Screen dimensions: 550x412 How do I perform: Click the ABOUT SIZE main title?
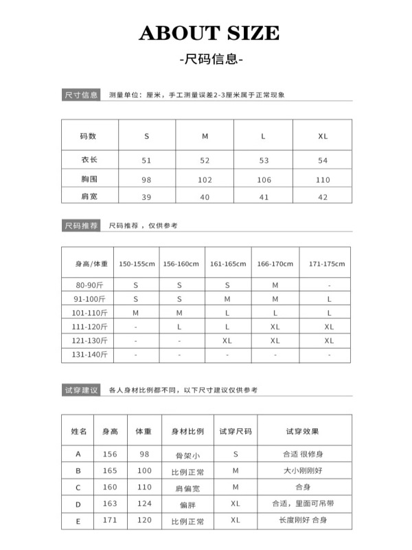tap(209, 33)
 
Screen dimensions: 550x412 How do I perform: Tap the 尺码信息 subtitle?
tap(209, 59)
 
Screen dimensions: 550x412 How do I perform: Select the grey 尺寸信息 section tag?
tap(81, 95)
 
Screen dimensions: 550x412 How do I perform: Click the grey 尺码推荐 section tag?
tap(81, 225)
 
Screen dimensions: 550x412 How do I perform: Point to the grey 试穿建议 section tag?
tap(81, 390)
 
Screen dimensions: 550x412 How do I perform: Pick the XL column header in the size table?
tap(323, 136)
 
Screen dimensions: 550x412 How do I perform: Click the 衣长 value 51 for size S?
tap(146, 161)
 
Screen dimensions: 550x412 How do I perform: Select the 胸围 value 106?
tap(264, 180)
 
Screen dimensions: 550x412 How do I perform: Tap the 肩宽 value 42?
tap(323, 197)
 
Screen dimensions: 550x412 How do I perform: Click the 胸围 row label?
tap(89, 179)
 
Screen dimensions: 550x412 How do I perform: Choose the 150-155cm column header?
tap(136, 264)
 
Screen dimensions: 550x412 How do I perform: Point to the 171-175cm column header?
tap(327, 264)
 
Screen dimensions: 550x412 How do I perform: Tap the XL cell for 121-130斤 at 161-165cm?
tap(227, 340)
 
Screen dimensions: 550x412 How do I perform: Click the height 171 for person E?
tap(110, 521)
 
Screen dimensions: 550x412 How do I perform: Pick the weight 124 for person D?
tap(144, 505)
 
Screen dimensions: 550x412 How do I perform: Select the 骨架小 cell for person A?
tap(187, 455)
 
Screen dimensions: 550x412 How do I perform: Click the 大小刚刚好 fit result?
tap(302, 471)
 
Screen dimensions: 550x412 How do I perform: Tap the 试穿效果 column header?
tap(302, 432)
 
